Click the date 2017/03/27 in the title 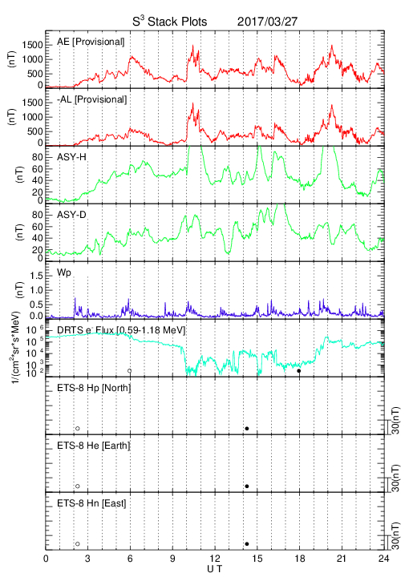coord(267,22)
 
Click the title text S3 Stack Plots coord(170,21)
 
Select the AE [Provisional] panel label coord(91,42)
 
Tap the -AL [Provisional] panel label coord(91,99)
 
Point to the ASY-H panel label coord(71,157)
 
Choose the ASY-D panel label coord(71,215)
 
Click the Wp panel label coord(63,273)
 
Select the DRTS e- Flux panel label coord(121,330)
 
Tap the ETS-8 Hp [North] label coord(94,388)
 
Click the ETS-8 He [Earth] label coord(94,446)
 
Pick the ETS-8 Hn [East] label coord(91,503)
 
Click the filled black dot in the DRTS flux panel coord(299,371)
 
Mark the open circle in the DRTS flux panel coord(130,371)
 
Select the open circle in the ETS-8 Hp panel coord(78,429)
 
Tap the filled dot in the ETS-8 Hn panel coord(247,544)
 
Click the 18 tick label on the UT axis coord(300,559)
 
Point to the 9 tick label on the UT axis coord(172,559)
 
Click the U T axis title coord(215,569)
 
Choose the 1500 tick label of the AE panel coord(32,45)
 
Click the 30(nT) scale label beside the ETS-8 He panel coord(395,478)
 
